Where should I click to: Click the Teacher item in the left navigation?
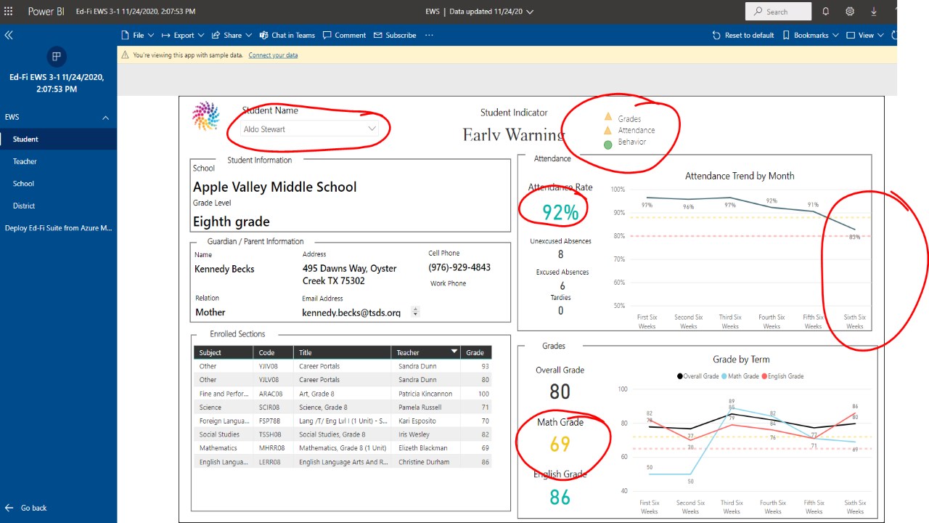pos(25,161)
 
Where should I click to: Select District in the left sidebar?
pos(24,206)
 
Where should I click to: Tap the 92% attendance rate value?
pos(560,212)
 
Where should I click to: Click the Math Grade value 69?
pos(560,443)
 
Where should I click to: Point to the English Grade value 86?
pos(560,497)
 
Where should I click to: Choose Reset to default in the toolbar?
pos(743,35)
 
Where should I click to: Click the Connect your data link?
pos(273,55)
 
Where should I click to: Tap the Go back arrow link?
pos(26,508)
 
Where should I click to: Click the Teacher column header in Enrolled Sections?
pos(408,352)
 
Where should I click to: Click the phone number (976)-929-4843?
pos(459,267)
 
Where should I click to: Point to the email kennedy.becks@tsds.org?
pos(351,312)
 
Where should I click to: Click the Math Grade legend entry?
pos(740,376)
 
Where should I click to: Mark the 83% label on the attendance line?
pos(854,237)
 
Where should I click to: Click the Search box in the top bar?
pos(778,12)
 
